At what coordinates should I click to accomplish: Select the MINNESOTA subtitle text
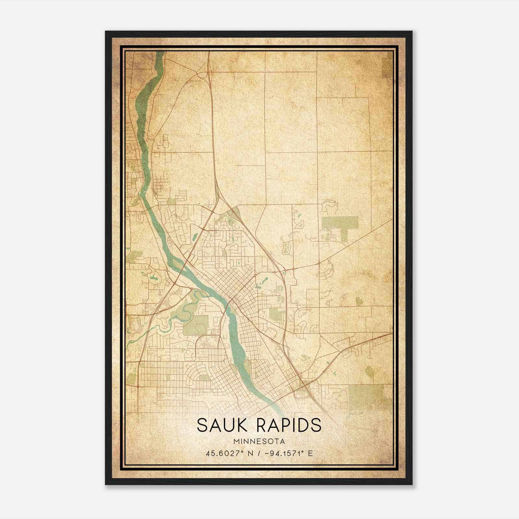pos(259,441)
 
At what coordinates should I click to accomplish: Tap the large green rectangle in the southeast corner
pos(367,396)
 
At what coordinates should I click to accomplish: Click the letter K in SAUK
pos(245,425)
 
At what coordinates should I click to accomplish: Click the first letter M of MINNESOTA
pos(235,441)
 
